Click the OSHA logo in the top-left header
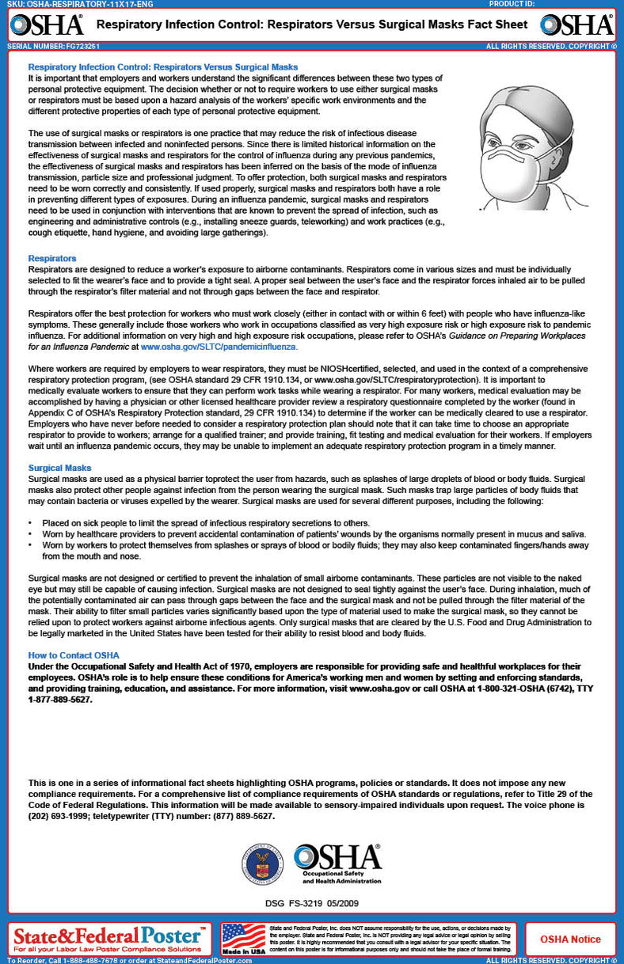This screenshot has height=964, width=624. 47,25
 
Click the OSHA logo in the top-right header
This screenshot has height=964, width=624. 576,25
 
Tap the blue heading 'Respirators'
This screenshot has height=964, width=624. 52,258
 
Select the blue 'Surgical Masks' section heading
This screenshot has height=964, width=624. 59,468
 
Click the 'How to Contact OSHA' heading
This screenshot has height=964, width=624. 74,655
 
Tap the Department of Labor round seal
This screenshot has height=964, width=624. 265,864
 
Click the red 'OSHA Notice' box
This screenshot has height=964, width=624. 570,939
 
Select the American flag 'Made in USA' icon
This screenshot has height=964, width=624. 243,939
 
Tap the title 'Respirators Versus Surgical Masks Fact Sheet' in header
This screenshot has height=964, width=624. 312,25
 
